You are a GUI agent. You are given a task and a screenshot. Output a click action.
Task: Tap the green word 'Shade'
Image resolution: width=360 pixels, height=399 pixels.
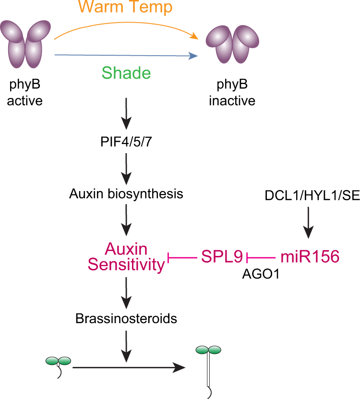[x=126, y=73]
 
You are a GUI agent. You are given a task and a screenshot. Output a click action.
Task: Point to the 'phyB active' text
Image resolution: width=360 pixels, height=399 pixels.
[x=26, y=95]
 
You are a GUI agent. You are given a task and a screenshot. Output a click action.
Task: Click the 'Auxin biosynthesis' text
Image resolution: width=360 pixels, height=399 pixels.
[x=126, y=194]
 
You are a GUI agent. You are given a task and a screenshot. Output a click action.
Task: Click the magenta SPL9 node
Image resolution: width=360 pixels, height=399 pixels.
[x=221, y=257]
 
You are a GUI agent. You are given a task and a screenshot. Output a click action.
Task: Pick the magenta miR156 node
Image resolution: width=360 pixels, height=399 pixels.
[x=310, y=257]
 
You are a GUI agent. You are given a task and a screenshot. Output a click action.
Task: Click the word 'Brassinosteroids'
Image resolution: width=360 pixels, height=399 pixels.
[x=126, y=318]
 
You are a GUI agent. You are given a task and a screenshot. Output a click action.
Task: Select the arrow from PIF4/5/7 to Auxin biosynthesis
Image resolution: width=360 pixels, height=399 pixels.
[x=126, y=166]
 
